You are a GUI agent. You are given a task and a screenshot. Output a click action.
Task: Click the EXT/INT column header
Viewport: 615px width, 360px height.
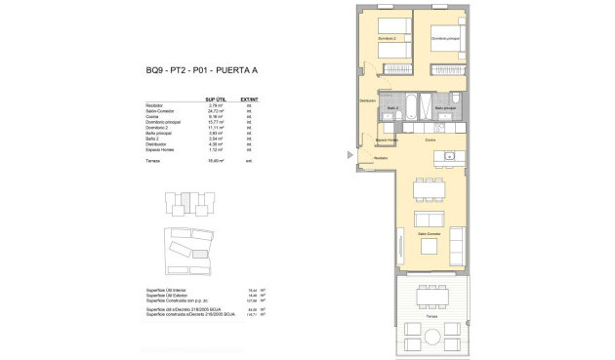point(249,100)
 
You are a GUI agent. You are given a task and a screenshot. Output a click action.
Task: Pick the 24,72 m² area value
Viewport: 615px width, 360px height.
point(216,111)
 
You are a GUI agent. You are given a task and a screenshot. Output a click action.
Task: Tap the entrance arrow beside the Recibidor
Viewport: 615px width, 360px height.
point(348,154)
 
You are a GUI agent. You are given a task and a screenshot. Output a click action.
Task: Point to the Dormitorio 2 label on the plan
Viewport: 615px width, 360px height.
point(388,39)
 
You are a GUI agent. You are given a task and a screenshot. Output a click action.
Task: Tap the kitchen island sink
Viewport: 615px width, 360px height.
point(450,155)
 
